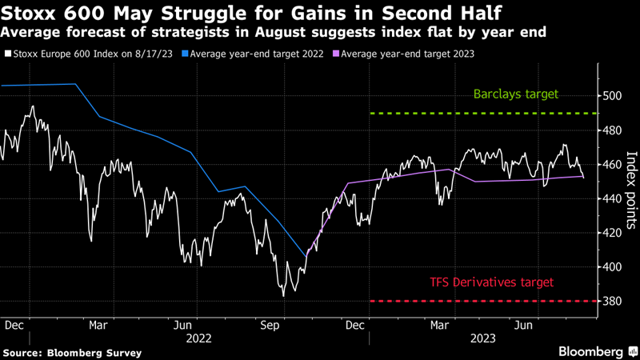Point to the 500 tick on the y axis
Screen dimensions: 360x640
(613, 96)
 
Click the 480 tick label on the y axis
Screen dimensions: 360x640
(613, 130)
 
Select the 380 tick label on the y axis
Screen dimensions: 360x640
(613, 302)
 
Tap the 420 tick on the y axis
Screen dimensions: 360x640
(613, 233)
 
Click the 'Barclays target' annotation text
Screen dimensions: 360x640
(515, 94)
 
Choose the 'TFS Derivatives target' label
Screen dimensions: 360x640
(490, 282)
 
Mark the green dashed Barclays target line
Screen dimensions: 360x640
(480, 114)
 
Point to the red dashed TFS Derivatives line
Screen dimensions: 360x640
(480, 302)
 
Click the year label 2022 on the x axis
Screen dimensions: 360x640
(199, 338)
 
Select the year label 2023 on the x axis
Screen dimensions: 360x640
(484, 338)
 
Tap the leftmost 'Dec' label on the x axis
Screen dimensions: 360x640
(14, 326)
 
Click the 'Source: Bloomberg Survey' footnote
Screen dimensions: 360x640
(72, 352)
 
